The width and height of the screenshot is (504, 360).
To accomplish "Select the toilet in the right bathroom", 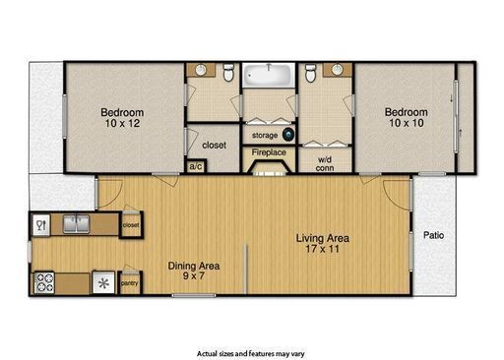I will (x=309, y=72).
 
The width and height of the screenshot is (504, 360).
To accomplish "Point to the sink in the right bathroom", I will (x=336, y=71).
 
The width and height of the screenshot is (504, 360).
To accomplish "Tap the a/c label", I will (x=195, y=166).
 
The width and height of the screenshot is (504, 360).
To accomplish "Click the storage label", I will (x=263, y=134).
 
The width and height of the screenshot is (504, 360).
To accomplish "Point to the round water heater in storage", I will (x=287, y=135).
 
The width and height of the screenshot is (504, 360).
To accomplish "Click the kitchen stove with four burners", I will (x=44, y=283).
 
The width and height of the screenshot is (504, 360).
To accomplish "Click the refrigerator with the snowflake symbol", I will (x=104, y=283).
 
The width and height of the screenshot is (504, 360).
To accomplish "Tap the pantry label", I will (x=129, y=284).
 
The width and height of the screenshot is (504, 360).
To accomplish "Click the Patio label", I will (x=433, y=235).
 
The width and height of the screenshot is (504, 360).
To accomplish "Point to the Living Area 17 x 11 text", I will (x=324, y=243).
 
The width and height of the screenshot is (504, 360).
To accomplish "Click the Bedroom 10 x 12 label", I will (x=124, y=117).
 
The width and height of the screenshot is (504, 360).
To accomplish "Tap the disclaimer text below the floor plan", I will (x=251, y=352).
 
